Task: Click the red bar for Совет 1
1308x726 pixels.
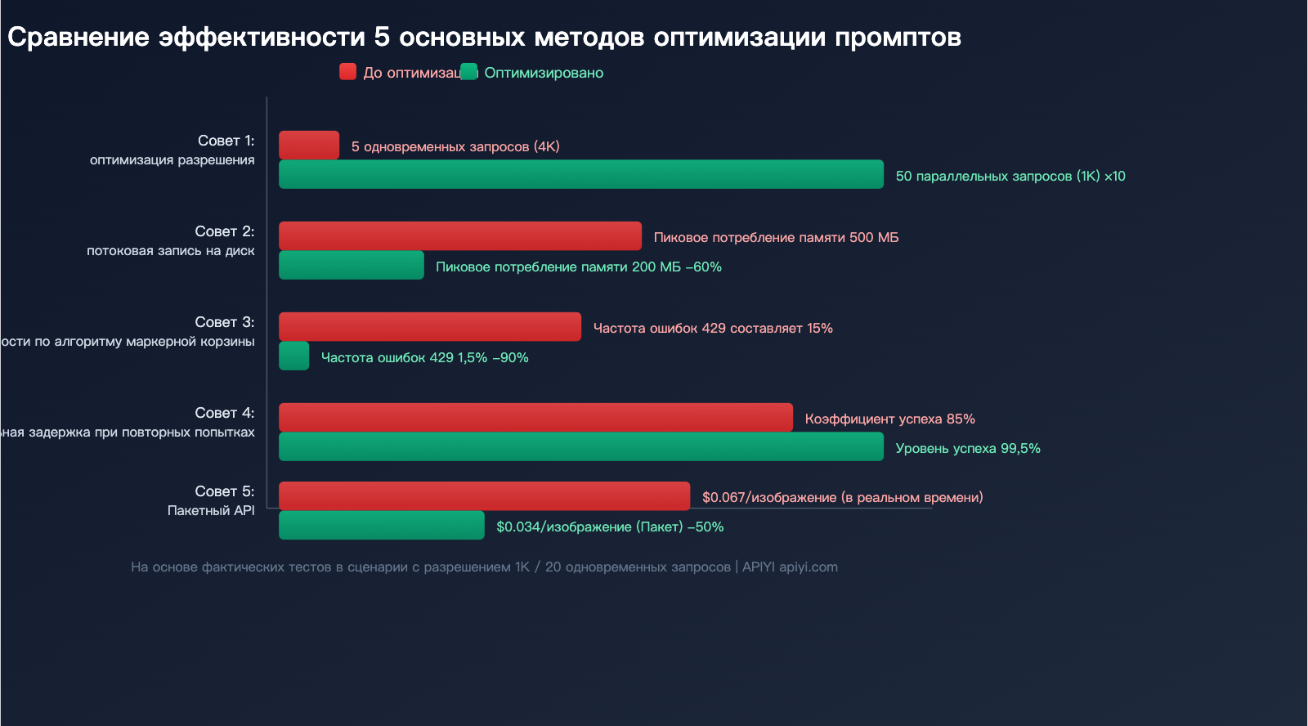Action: [x=309, y=145]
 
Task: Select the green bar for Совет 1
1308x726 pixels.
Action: [x=580, y=174]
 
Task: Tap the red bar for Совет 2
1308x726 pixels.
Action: [x=459, y=235]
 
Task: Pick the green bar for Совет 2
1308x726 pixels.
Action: [x=351, y=265]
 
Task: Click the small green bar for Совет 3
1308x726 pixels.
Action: [x=293, y=356]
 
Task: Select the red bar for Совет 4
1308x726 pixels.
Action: [x=535, y=417]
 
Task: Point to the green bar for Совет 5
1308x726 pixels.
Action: [x=381, y=525]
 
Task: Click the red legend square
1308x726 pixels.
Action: [x=347, y=72]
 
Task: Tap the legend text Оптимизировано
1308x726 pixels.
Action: [x=544, y=73]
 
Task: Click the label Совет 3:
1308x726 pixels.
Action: [x=224, y=322]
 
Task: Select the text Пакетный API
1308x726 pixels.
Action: [x=211, y=510]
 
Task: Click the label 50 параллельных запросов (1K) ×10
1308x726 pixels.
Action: [x=1010, y=176]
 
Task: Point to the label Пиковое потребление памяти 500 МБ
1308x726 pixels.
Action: [x=776, y=237]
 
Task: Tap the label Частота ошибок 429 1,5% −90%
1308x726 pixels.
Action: [x=424, y=357]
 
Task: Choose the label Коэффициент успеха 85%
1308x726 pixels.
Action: [x=889, y=419]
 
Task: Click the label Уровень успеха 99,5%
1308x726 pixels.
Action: [x=967, y=448]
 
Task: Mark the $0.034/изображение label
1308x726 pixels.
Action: [x=610, y=527]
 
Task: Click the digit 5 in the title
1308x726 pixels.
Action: [x=382, y=37]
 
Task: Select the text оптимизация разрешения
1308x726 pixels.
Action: [x=172, y=160]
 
